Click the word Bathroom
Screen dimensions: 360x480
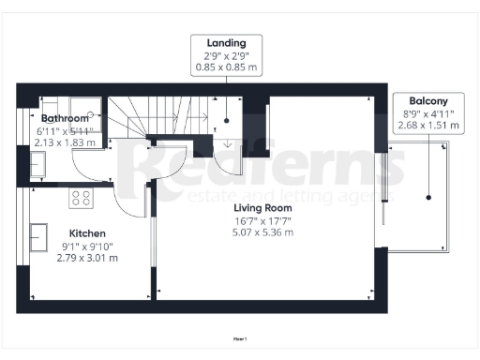pyautogui.click(x=65, y=119)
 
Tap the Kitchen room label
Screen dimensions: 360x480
pyautogui.click(x=86, y=232)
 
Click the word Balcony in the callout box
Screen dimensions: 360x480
pyautogui.click(x=428, y=100)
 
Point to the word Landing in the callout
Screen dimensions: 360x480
pyautogui.click(x=228, y=42)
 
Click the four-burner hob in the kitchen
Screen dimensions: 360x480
pyautogui.click(x=81, y=198)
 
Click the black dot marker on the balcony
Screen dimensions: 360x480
pyautogui.click(x=429, y=197)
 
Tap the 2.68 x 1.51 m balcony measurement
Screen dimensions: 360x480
pyautogui.click(x=428, y=125)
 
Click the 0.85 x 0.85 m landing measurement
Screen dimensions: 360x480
pyautogui.click(x=228, y=67)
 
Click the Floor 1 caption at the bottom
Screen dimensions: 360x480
pyautogui.click(x=239, y=338)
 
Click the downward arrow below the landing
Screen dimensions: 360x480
pyautogui.click(x=228, y=142)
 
